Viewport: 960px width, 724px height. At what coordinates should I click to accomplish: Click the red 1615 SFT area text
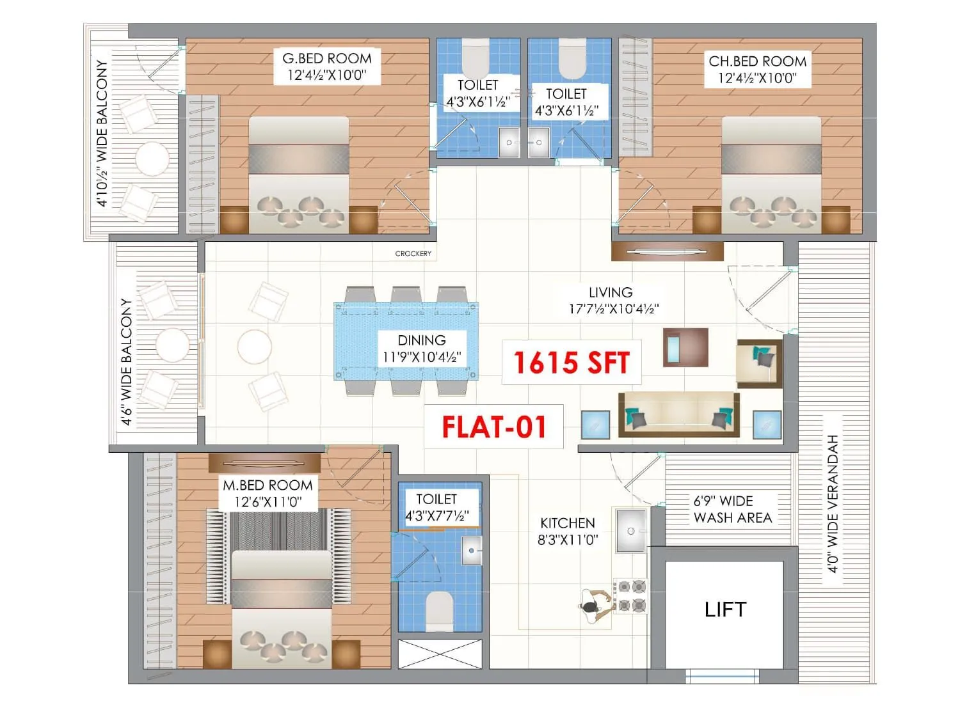click(x=572, y=363)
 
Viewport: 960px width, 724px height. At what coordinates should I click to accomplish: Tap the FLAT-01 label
click(x=494, y=427)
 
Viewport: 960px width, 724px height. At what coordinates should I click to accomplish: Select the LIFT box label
click(x=725, y=610)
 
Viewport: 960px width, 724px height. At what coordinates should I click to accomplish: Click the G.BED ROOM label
click(x=327, y=58)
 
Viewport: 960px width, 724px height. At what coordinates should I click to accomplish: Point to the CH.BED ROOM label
click(x=757, y=61)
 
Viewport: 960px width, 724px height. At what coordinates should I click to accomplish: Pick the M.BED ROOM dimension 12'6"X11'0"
click(x=268, y=502)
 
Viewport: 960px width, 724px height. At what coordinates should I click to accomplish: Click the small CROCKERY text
click(x=413, y=254)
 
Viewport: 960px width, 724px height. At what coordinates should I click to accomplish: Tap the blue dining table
click(x=406, y=341)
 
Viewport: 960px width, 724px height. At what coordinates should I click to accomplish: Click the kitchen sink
click(x=631, y=530)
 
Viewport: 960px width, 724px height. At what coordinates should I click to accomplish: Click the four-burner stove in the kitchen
click(x=631, y=596)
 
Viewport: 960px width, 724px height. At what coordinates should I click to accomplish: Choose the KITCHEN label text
click(x=568, y=523)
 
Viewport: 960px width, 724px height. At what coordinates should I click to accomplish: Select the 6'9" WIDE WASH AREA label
click(x=732, y=509)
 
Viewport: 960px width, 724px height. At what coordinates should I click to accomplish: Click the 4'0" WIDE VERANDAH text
click(x=833, y=503)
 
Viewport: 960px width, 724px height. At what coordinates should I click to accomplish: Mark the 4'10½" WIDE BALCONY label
click(x=102, y=134)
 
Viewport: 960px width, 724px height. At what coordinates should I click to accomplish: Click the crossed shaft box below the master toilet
click(x=440, y=654)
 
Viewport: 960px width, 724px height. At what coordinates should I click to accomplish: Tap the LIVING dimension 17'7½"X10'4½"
click(x=614, y=308)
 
